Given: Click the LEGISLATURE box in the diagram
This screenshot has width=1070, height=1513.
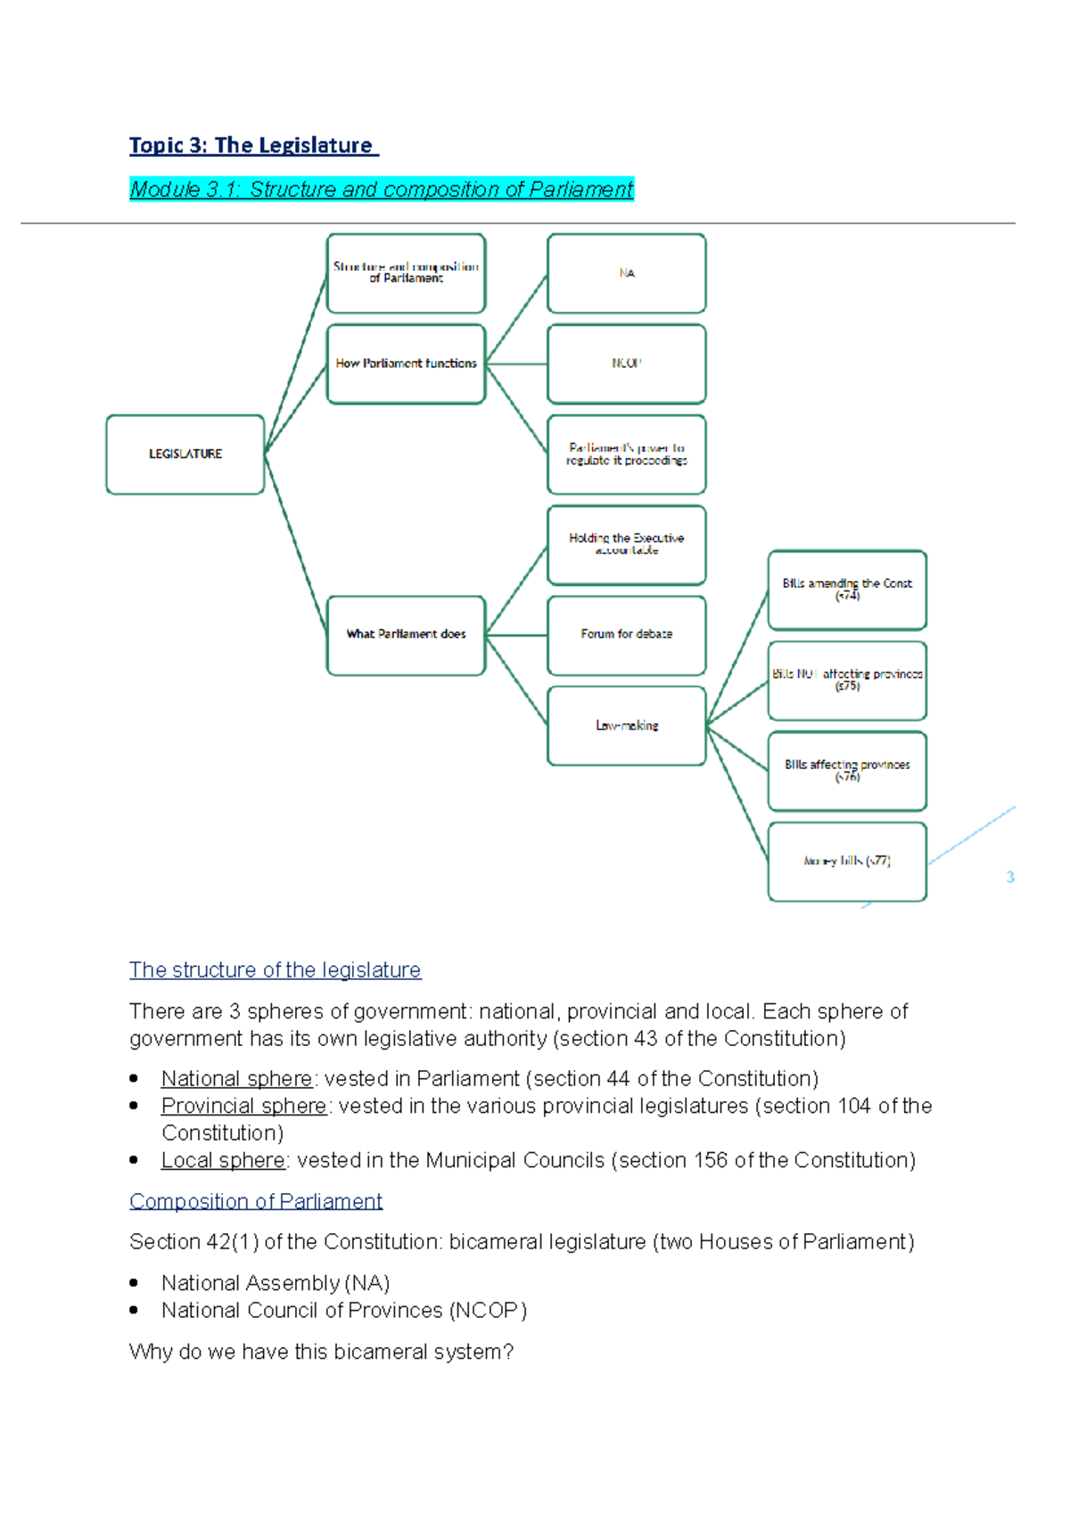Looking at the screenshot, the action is tap(185, 454).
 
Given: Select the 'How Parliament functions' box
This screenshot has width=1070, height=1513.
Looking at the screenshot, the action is tap(406, 364).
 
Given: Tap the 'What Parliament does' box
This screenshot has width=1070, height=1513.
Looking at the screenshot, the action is tap(406, 635).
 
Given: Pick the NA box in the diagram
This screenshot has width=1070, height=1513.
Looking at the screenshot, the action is tap(627, 274).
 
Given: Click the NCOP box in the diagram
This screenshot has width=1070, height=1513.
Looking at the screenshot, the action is tap(627, 364).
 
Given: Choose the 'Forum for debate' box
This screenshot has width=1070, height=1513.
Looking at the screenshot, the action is tap(627, 635).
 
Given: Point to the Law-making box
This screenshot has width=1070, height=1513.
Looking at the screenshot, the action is tap(627, 726).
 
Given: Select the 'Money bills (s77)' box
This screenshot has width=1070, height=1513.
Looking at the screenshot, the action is tap(847, 862).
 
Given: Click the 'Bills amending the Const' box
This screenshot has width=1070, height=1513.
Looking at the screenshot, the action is tap(847, 590).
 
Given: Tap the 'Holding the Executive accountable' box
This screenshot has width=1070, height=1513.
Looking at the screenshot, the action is tap(627, 544).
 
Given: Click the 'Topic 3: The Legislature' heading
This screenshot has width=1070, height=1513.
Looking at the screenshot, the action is tap(253, 145).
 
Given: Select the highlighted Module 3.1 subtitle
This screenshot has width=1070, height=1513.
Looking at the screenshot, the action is tap(381, 189).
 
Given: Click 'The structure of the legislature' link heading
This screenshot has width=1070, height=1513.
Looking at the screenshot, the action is tap(275, 969).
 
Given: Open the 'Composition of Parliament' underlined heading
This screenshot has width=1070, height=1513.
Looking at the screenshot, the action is tap(256, 1201).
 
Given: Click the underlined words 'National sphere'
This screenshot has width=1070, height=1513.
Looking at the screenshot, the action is tap(236, 1079).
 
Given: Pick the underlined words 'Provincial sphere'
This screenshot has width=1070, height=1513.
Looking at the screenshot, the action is tap(243, 1106).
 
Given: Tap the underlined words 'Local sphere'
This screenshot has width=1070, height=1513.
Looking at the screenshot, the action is tap(223, 1160).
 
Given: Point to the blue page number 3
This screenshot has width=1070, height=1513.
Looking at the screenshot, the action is tap(1010, 878).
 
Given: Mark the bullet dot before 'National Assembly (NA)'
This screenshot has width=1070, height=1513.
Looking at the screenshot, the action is tap(135, 1283).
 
